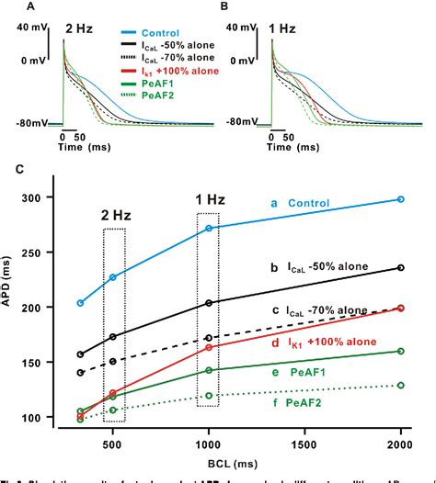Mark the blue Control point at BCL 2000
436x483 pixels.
400,199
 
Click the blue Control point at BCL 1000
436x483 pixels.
209,228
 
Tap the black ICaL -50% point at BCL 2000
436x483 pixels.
400,267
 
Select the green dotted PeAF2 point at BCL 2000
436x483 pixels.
400,385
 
